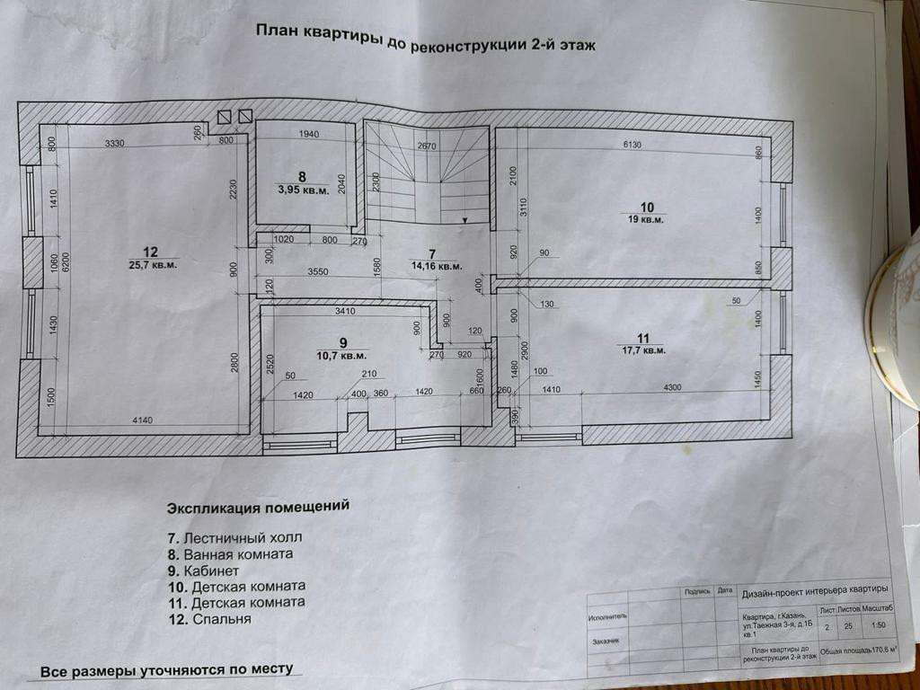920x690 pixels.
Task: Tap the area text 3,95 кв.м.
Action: click(x=302, y=190)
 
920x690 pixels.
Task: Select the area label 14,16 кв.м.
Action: click(x=438, y=266)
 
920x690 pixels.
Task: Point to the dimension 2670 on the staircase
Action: click(x=428, y=146)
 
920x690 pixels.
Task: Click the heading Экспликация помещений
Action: click(x=258, y=507)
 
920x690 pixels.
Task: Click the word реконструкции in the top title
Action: click(x=463, y=43)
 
